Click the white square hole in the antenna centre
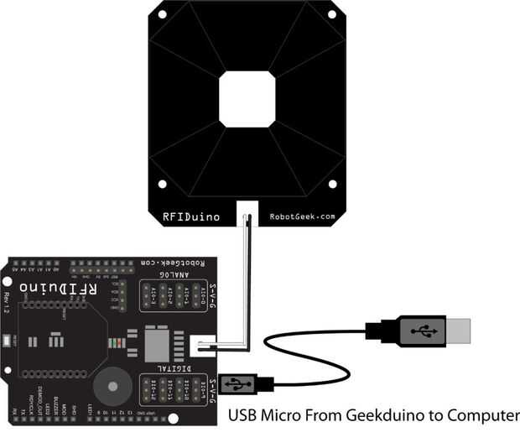248,98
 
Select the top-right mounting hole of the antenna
332,14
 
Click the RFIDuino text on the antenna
191,216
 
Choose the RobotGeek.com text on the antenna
302,216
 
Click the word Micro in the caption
284,415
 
